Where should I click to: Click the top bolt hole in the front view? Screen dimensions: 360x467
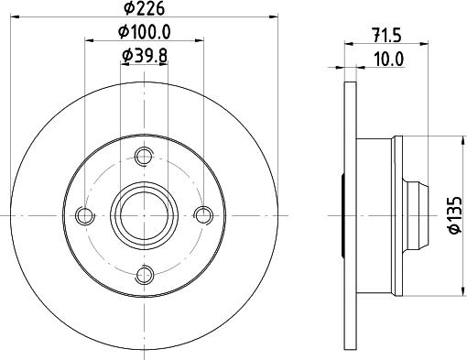(143, 158)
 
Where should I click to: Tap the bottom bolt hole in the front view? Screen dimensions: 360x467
(143, 274)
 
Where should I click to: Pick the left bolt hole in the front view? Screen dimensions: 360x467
(85, 216)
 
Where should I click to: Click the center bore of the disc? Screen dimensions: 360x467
(143, 216)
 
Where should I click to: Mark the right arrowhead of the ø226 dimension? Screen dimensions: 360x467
(271, 17)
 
